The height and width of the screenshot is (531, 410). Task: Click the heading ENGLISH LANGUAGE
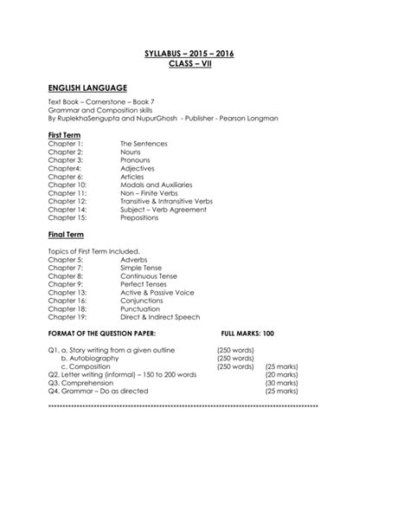pyautogui.click(x=88, y=88)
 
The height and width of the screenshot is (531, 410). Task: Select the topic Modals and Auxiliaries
pyautogui.click(x=157, y=185)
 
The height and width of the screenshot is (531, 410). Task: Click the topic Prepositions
pyautogui.click(x=140, y=218)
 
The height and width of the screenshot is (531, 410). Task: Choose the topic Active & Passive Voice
pyautogui.click(x=157, y=293)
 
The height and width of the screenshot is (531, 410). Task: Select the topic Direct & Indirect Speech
pyautogui.click(x=160, y=318)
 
